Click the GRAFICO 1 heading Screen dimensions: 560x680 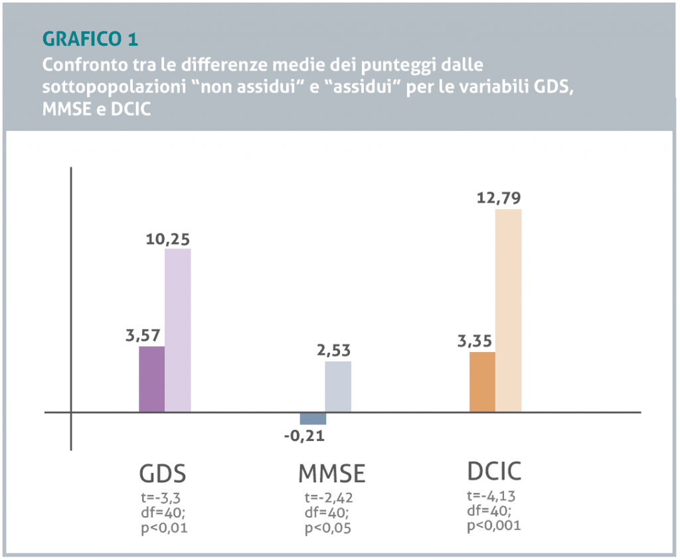tap(90, 39)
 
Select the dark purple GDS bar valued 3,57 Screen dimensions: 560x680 tap(151, 379)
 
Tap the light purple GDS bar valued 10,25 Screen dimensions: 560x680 tap(178, 330)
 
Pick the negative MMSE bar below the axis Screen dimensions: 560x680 tap(313, 419)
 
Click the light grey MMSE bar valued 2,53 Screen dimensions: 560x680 tap(338, 387)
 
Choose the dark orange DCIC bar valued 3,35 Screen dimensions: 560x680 tap(482, 382)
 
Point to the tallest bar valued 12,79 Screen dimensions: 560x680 tap(508, 311)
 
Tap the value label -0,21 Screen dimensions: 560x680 tap(304, 436)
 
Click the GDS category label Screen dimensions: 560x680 tap(162, 474)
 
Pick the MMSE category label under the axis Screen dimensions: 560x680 tap(331, 474)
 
